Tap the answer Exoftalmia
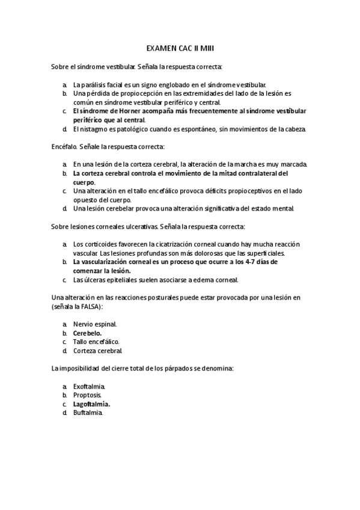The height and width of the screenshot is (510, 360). click(x=90, y=386)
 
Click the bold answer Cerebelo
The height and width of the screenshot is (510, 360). click(x=87, y=333)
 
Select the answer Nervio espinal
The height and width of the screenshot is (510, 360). click(x=95, y=324)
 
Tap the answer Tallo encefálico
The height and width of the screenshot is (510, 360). click(x=96, y=342)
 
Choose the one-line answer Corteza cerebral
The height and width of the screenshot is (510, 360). click(x=97, y=351)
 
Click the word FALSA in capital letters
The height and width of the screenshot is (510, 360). click(x=88, y=306)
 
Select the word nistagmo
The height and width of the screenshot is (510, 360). click(x=95, y=129)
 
